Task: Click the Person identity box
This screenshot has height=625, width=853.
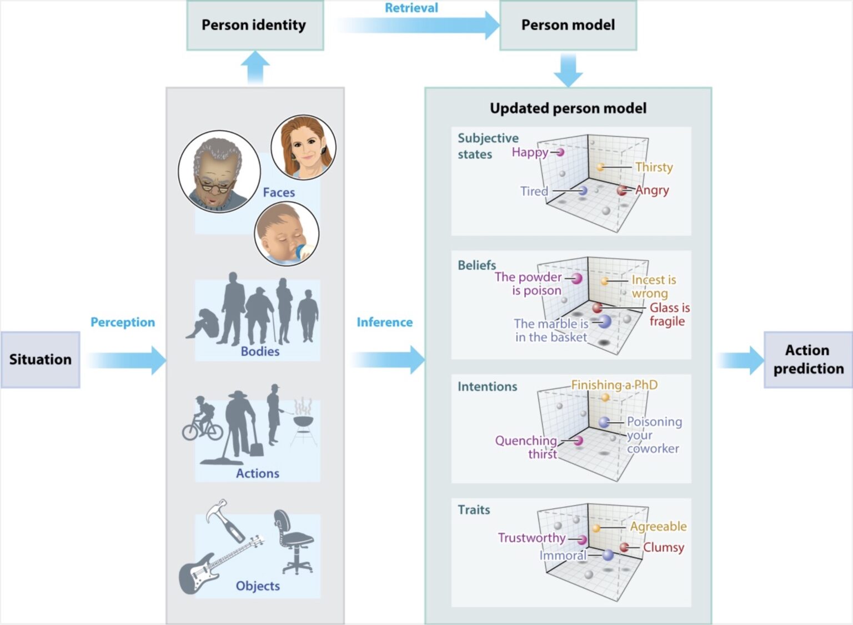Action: (254, 26)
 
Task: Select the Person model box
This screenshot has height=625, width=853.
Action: (568, 26)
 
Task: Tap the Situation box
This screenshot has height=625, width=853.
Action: (40, 360)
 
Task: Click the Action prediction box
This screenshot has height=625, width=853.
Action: (808, 360)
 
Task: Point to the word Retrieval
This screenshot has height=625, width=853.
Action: (411, 8)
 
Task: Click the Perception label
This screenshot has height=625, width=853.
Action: (123, 322)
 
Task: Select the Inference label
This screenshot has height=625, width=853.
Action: (384, 322)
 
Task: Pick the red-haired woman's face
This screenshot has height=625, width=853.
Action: (303, 148)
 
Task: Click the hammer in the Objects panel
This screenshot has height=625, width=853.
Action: (225, 520)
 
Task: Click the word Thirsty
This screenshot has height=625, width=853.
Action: (654, 167)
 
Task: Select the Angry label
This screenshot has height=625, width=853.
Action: (652, 190)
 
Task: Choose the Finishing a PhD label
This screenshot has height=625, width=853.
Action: (614, 385)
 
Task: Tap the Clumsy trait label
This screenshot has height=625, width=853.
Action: (663, 547)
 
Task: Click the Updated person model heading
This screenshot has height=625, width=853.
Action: (568, 108)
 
